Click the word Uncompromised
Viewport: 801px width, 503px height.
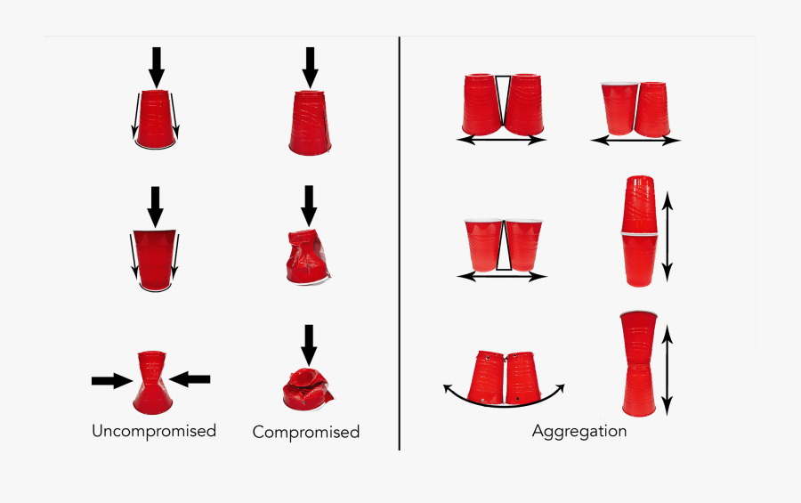154,431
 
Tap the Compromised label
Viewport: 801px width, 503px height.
306,432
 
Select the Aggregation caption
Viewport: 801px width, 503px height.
579,432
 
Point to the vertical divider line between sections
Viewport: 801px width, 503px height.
399,243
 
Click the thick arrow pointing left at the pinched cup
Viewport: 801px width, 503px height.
190,379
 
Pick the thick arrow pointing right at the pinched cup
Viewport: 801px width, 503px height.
112,381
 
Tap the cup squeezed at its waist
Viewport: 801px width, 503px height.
152,382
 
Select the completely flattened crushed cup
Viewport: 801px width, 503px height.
308,390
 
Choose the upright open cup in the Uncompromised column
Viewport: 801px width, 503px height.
155,261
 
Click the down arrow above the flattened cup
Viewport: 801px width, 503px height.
309,345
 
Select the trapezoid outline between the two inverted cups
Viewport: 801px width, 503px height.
503,101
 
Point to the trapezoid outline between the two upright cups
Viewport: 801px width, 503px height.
504,246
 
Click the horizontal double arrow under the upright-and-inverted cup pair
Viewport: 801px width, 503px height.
635,140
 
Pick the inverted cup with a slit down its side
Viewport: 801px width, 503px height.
310,123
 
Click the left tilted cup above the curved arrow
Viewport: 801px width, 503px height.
486,377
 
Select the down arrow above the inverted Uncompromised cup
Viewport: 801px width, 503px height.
157,68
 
